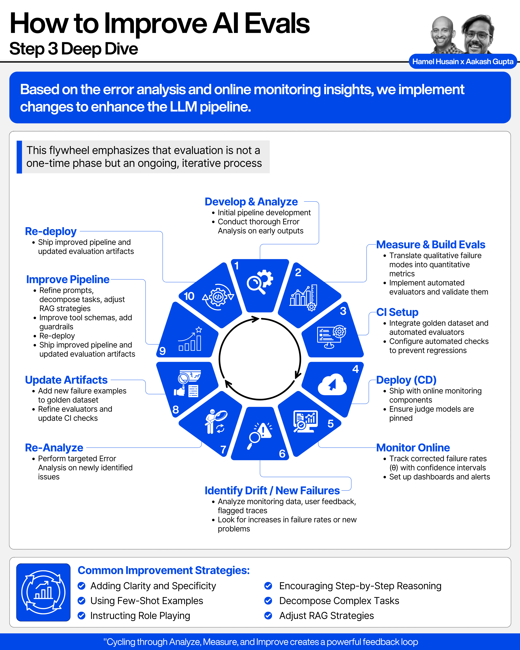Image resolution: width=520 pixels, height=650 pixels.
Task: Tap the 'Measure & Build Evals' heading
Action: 430,245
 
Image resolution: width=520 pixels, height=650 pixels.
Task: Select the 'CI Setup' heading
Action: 397,312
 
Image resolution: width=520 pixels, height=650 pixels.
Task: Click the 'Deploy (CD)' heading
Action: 406,380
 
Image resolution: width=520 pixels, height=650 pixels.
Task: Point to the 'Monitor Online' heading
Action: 413,448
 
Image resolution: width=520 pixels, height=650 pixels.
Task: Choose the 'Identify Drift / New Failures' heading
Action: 272,491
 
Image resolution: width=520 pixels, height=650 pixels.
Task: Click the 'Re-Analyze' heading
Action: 54,448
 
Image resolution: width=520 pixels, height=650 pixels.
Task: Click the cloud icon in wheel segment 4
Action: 332,384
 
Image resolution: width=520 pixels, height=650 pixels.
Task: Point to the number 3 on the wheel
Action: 343,311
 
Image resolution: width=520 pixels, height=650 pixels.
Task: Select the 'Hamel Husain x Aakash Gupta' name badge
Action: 462,62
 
